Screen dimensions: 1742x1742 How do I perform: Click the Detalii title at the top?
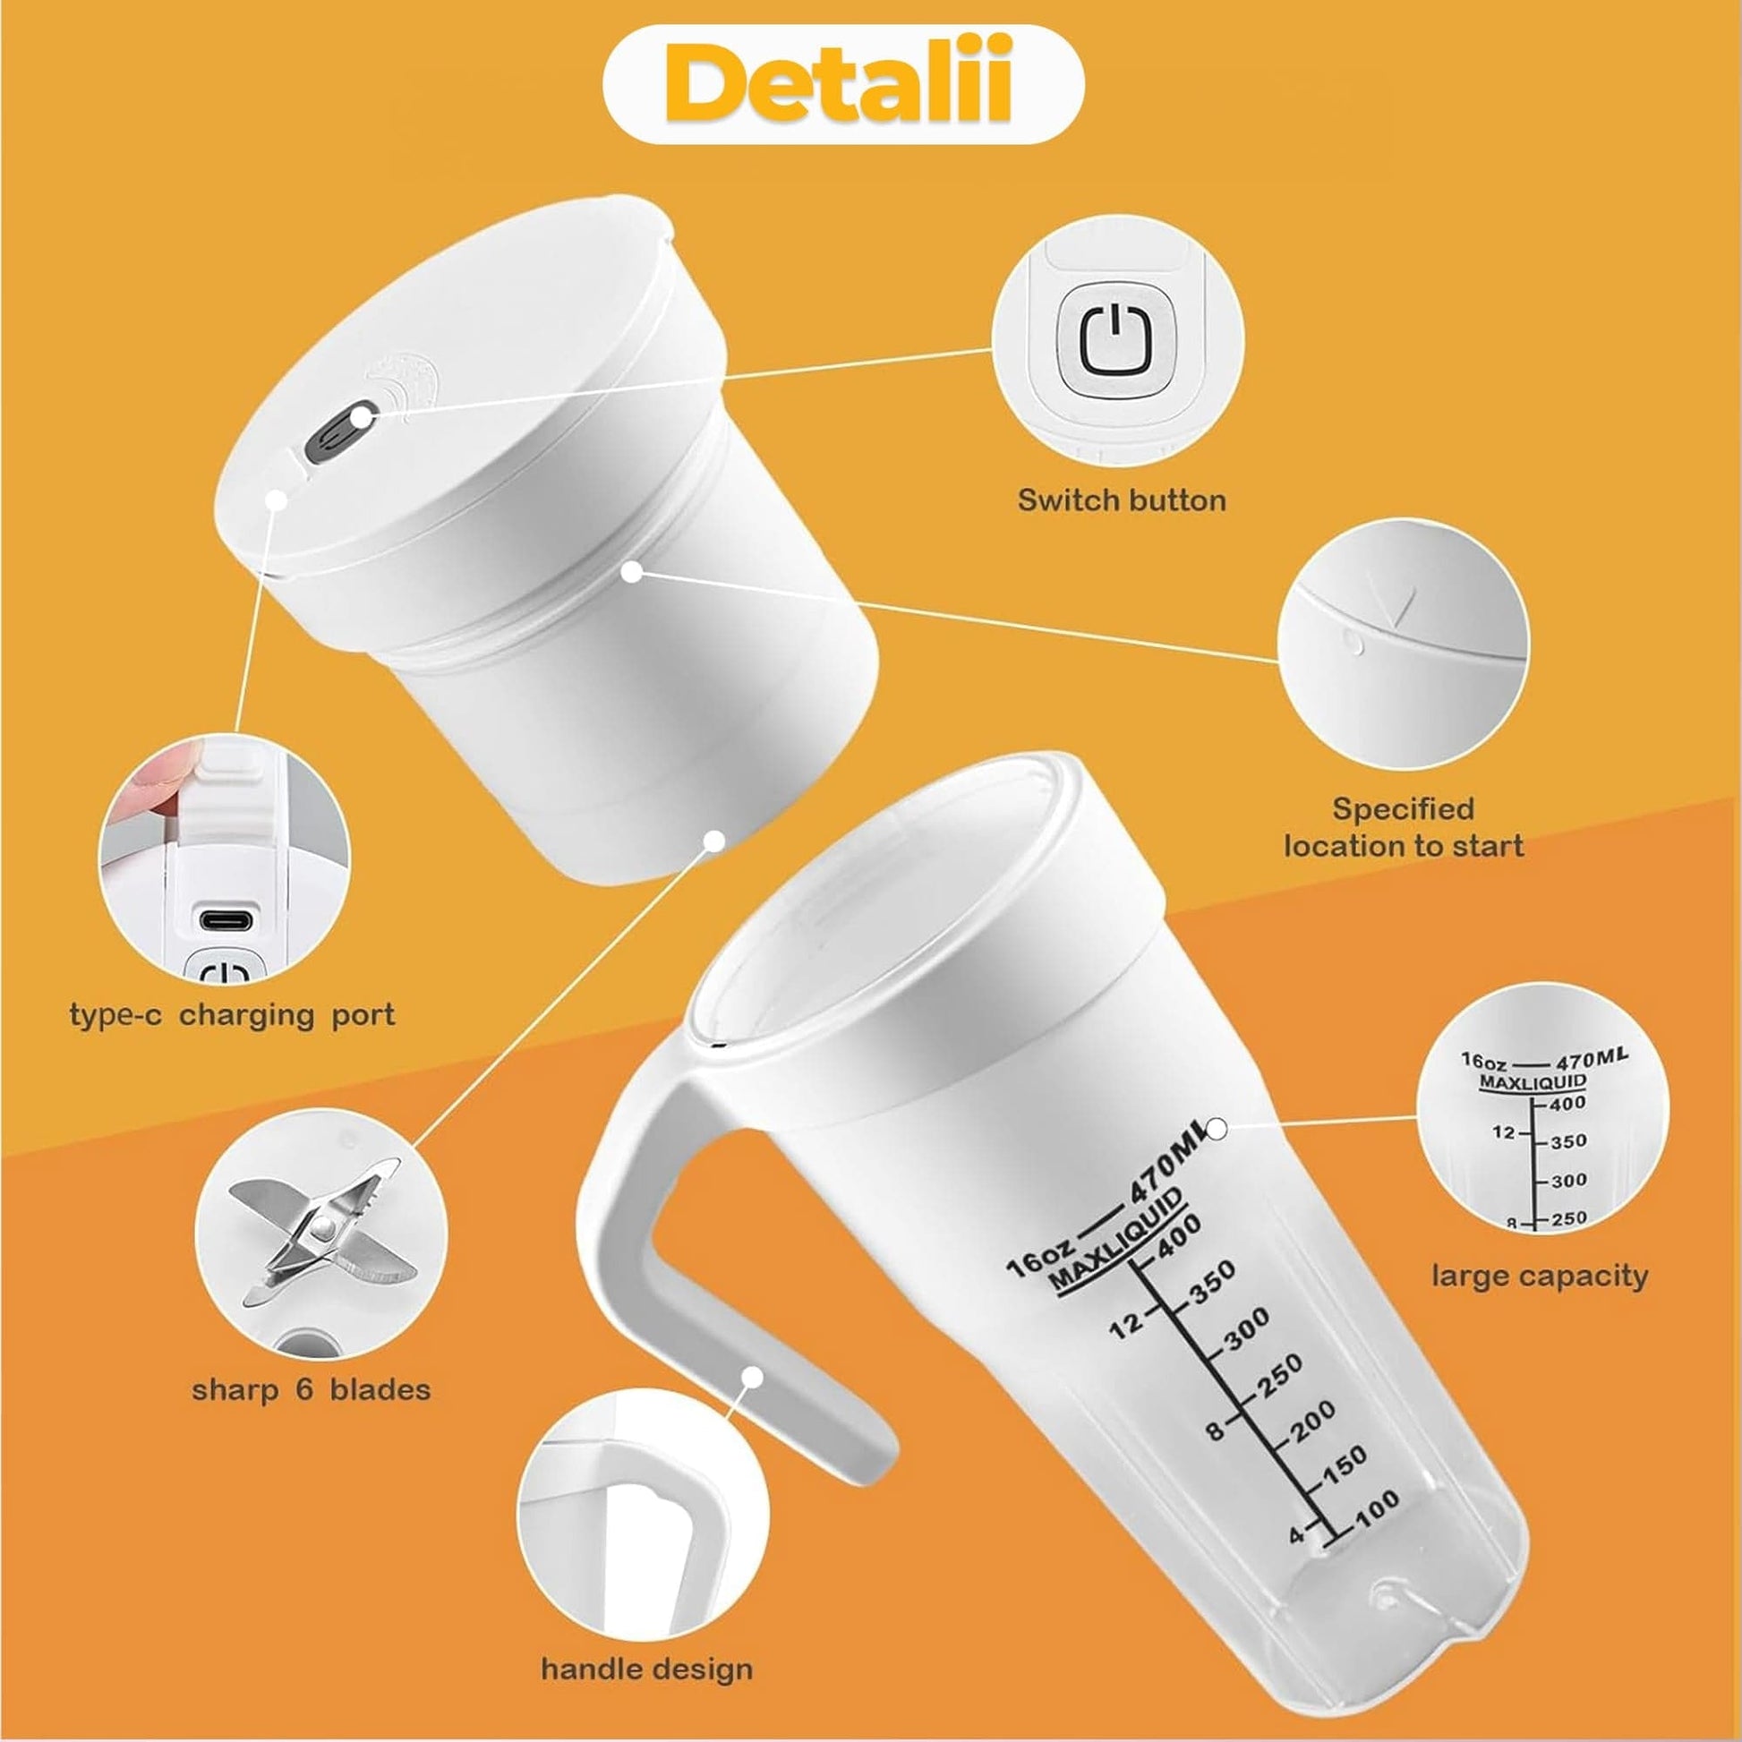tap(842, 85)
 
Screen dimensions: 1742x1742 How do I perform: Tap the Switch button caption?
tap(1122, 500)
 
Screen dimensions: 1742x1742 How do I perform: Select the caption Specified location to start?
tap(1403, 827)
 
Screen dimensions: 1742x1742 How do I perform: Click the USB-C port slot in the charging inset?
tap(226, 921)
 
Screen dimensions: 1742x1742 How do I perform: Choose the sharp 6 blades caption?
tap(312, 1389)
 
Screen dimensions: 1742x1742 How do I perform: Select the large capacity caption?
tap(1540, 1276)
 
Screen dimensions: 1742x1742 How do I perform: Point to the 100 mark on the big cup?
tap(1377, 1509)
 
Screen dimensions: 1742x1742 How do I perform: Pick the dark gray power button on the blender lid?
tap(331, 435)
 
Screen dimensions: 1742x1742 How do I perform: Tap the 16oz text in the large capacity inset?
tap(1483, 1061)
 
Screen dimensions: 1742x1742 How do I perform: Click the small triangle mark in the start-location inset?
tap(1402, 606)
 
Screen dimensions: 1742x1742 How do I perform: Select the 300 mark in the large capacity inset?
tap(1568, 1180)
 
